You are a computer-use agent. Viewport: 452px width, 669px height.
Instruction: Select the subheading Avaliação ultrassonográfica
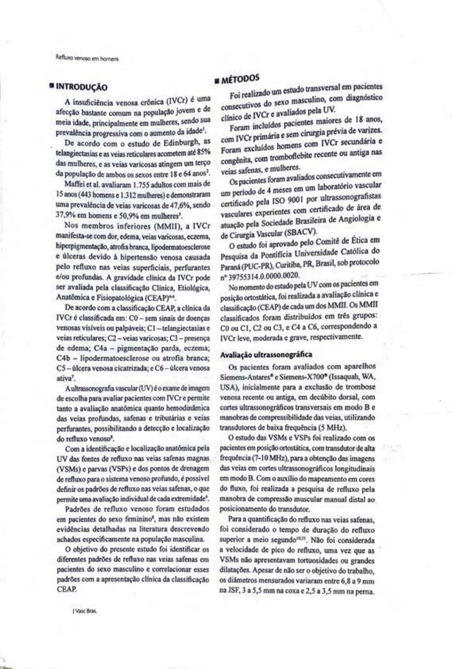266,354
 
